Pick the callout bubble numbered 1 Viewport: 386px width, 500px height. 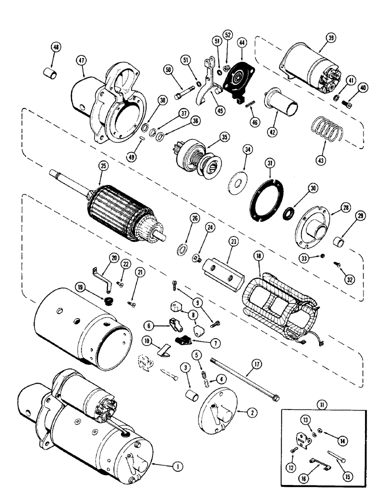coord(175,466)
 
